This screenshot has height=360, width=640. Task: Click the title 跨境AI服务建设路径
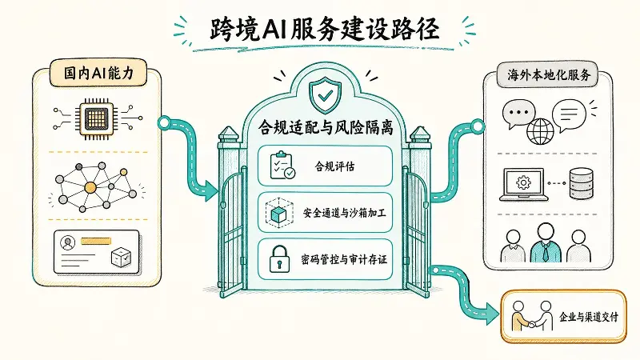click(325, 30)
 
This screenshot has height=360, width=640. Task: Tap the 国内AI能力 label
click(98, 73)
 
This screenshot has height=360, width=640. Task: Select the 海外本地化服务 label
click(549, 75)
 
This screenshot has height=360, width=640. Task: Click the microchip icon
click(97, 118)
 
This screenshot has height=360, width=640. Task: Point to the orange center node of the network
click(90, 188)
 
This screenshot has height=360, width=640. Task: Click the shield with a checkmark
click(326, 94)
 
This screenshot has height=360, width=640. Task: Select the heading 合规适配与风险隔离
click(326, 127)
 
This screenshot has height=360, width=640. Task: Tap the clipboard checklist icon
click(282, 166)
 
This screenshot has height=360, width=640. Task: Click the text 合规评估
click(334, 166)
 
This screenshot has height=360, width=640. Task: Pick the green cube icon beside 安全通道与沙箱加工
click(279, 213)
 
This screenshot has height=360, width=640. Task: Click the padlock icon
click(279, 259)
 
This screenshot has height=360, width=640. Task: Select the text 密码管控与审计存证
click(344, 259)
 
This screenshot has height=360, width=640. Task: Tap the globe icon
click(540, 131)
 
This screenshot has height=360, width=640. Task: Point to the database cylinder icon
click(582, 184)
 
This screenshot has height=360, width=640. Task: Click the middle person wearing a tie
click(546, 243)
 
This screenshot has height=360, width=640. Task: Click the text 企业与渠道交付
click(588, 317)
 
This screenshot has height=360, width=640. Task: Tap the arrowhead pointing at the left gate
click(211, 190)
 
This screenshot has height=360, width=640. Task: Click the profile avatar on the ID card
click(67, 243)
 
